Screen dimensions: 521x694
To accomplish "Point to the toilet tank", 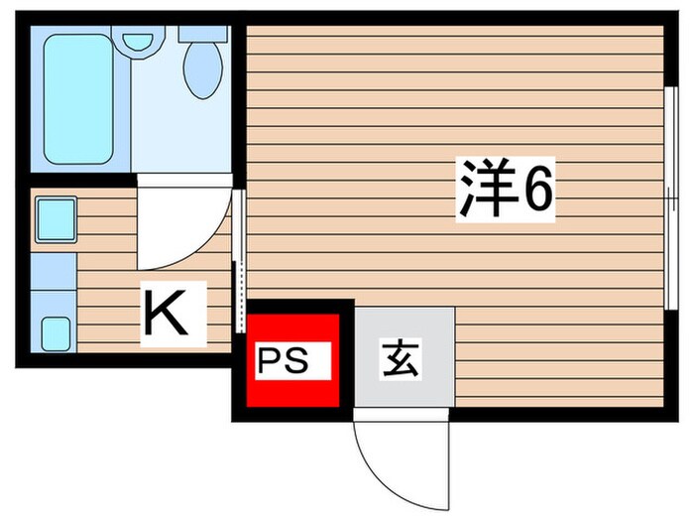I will (204, 33).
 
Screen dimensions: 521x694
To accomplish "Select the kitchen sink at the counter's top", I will (56, 220).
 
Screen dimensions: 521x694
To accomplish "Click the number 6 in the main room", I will (536, 193).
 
